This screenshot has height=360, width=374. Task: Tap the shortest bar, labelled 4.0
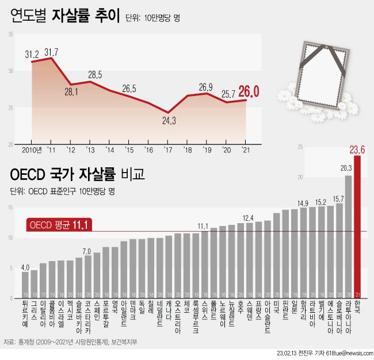pyautogui.click(x=25, y=285)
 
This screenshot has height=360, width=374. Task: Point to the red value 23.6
pyautogui.click(x=357, y=150)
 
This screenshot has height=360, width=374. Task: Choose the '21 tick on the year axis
pyautogui.click(x=246, y=150)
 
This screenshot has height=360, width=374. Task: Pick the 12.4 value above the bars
pyautogui.click(x=249, y=218)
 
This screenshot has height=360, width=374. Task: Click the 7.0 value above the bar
pyautogui.click(x=87, y=251)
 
